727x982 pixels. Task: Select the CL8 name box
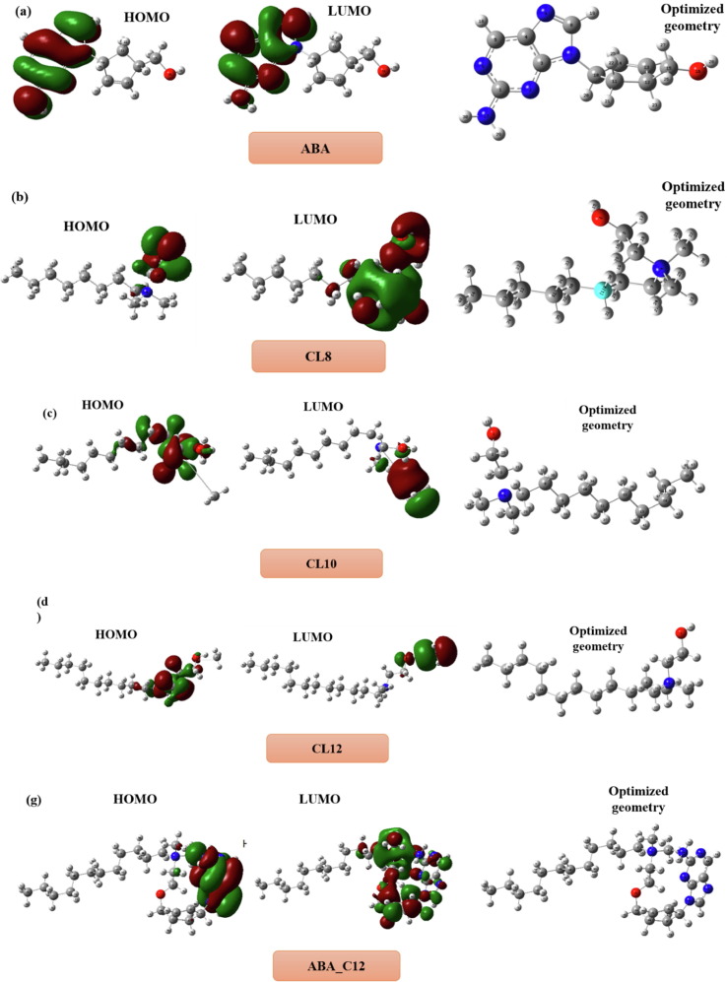click(x=318, y=356)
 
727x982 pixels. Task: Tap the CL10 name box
click(x=321, y=562)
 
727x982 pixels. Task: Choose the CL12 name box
click(x=327, y=749)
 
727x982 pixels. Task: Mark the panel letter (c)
click(x=50, y=414)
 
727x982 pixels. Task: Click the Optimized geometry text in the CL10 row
click(x=607, y=418)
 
